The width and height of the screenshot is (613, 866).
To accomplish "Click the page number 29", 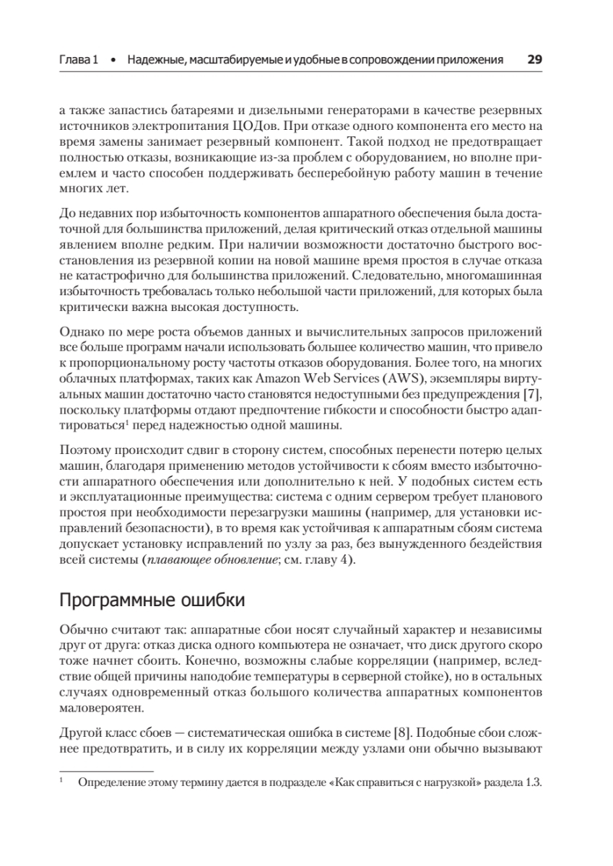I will pos(534,59).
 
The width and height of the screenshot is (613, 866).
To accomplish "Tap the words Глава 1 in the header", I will pos(79,60).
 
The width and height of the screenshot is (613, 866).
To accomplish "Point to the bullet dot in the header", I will pos(112,60).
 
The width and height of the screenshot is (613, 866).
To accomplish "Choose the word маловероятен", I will pos(95,709).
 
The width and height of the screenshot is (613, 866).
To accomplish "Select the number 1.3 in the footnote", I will pos(533,784).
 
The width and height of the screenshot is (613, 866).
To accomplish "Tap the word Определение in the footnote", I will pos(109,784).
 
